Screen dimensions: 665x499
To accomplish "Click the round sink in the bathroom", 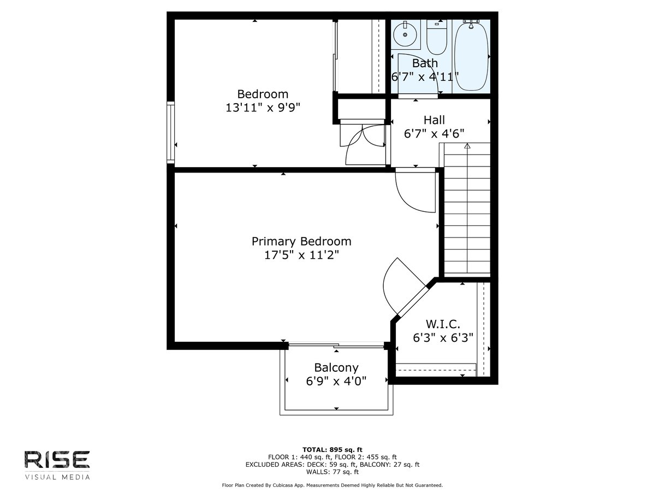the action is click(405, 34).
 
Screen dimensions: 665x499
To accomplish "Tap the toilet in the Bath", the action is click(437, 37).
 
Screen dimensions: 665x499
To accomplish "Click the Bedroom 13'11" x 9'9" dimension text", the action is click(263, 108).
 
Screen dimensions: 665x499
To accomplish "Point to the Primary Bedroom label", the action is click(301, 241).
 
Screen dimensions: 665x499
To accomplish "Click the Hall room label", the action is click(434, 120).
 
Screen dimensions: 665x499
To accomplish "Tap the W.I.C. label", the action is click(443, 324).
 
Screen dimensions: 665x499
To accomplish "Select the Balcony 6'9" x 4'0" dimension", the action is click(336, 381).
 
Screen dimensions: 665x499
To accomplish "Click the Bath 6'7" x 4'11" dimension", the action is click(425, 76).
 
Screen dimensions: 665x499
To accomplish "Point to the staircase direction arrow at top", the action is click(467, 146).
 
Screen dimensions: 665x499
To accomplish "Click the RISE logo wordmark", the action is click(57, 460).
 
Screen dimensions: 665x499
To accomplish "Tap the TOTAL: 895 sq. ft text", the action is click(333, 450).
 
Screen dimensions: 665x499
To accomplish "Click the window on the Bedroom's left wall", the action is click(170, 133).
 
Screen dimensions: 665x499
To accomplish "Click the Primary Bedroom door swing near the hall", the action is click(415, 191).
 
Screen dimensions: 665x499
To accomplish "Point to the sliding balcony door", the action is click(336, 345).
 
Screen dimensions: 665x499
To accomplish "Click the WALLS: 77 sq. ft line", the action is click(333, 472).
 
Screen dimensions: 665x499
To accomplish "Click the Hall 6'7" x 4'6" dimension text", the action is click(434, 133).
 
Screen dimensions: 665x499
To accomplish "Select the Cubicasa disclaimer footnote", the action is click(333, 485).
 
